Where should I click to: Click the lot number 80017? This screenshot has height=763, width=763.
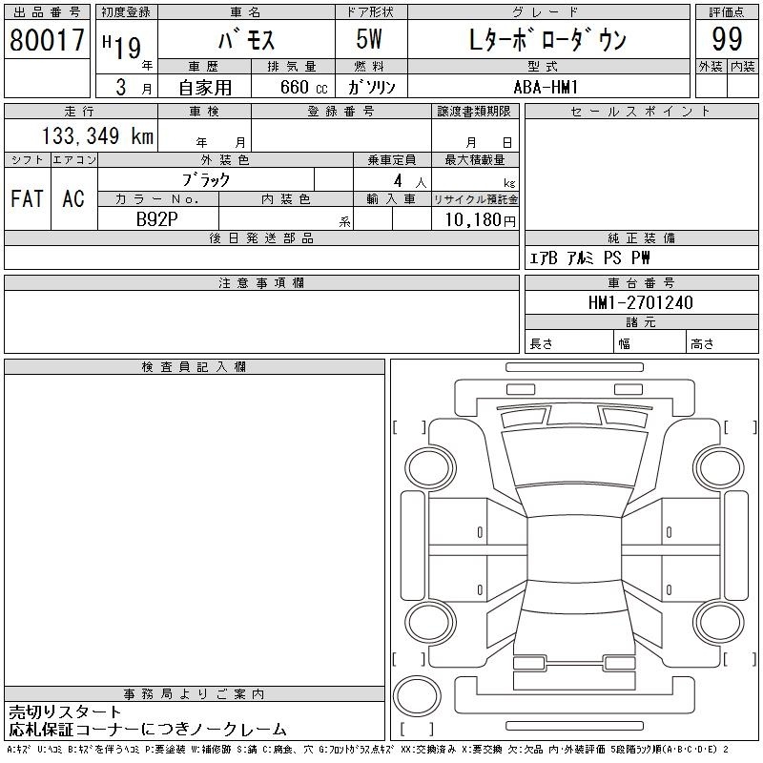pyautogui.click(x=47, y=40)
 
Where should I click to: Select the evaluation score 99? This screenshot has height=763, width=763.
pyautogui.click(x=727, y=39)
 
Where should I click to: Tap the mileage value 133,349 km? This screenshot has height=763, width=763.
pyautogui.click(x=97, y=135)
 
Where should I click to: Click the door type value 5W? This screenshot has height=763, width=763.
pyautogui.click(x=369, y=39)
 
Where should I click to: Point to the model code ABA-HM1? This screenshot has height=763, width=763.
pyautogui.click(x=546, y=87)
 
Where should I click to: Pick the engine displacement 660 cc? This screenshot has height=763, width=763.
pyautogui.click(x=303, y=87)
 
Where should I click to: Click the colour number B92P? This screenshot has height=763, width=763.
pyautogui.click(x=156, y=219)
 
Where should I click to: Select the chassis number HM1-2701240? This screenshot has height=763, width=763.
pyautogui.click(x=640, y=302)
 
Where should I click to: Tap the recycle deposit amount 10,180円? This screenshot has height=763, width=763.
pyautogui.click(x=480, y=220)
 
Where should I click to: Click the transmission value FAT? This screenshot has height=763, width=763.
pyautogui.click(x=27, y=198)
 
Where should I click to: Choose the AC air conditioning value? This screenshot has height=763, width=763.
pyautogui.click(x=73, y=198)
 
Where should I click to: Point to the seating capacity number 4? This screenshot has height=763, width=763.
pyautogui.click(x=398, y=181)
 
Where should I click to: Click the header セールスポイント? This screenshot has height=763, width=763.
pyautogui.click(x=640, y=112)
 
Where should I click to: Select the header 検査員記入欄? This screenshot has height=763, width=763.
pyautogui.click(x=194, y=367)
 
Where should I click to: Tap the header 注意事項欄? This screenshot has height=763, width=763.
pyautogui.click(x=261, y=282)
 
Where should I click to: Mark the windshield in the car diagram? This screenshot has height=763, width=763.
pyautogui.click(x=574, y=458)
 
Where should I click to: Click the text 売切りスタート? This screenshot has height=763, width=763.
pyautogui.click(x=65, y=712)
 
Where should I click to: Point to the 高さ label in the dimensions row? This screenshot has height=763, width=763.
pyautogui.click(x=702, y=344)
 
